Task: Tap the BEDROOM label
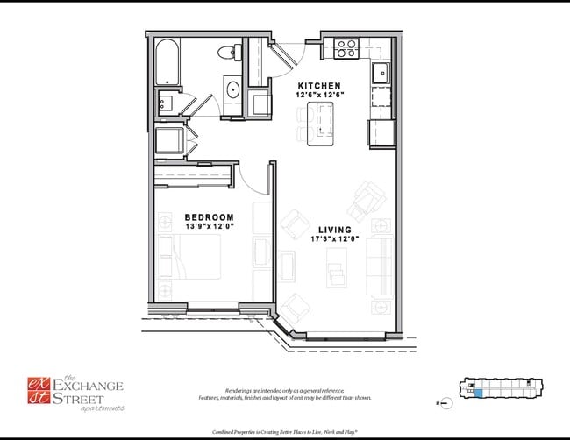[209, 216]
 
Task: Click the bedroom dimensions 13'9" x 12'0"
[209, 226]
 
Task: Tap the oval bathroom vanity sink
[233, 89]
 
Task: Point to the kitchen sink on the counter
[381, 73]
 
